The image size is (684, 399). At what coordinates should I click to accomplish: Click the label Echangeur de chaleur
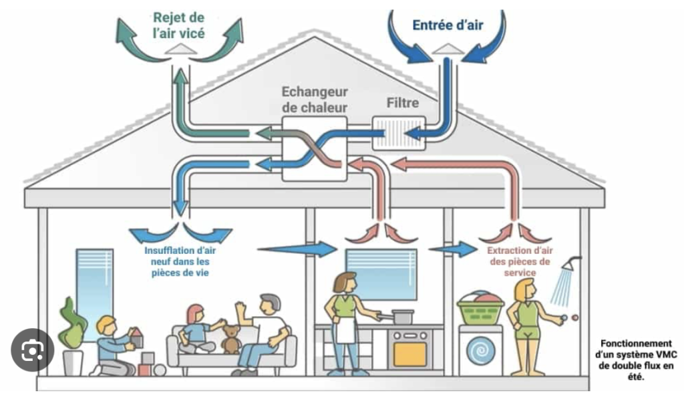[x=315, y=99]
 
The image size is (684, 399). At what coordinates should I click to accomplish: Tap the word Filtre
[x=403, y=103]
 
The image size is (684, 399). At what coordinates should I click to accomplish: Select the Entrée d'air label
[x=448, y=26]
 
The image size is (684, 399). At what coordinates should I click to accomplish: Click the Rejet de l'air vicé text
[x=178, y=25]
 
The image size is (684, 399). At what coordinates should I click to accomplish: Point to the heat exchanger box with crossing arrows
[x=315, y=148]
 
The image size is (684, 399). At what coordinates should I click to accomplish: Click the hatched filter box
[x=398, y=134]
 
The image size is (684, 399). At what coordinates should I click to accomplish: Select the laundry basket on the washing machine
[x=480, y=309]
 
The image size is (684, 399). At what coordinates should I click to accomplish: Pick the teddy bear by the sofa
[x=230, y=340]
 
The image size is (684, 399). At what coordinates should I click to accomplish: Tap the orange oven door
[x=409, y=354]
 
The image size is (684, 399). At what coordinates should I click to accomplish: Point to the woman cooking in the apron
[x=345, y=321]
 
